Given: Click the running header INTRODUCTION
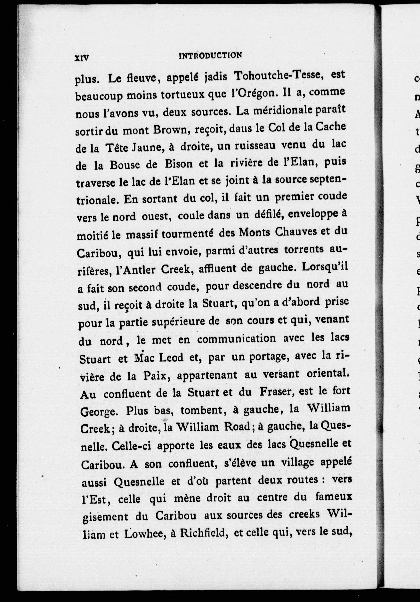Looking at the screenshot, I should click(x=210, y=56).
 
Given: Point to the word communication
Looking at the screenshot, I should click(x=237, y=339).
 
